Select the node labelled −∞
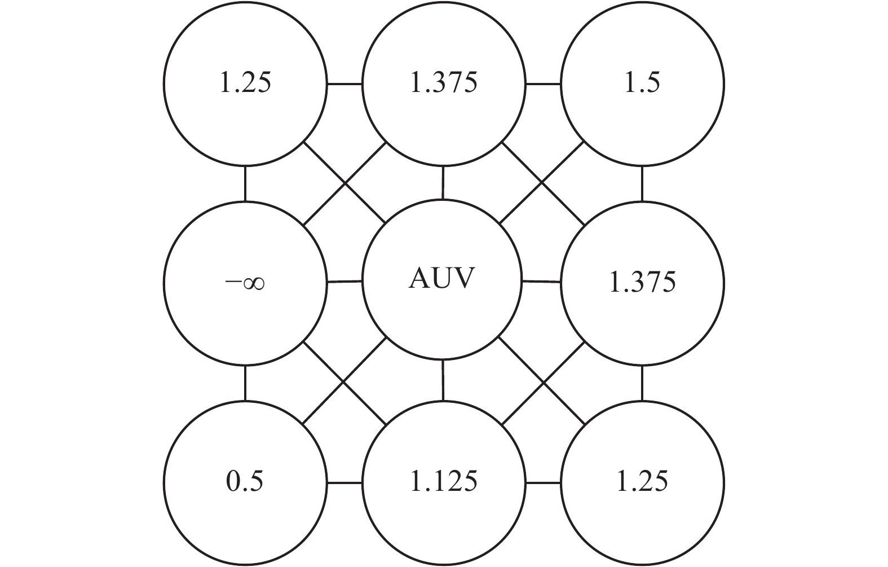[x=245, y=282]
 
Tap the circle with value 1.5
[x=642, y=83]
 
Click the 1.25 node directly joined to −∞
[x=245, y=83]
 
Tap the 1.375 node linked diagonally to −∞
[x=443, y=83]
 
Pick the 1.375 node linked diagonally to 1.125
[x=642, y=282]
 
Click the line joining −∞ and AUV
[x=344, y=281]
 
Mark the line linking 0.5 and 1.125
[x=344, y=482]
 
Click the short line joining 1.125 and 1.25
[x=543, y=482]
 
